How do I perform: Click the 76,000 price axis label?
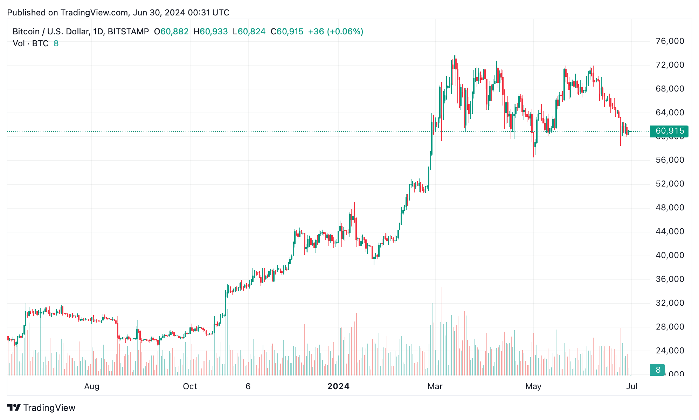pyautogui.click(x=670, y=41)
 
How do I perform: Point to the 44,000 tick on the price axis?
pyautogui.click(x=670, y=231)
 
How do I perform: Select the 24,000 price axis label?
pyautogui.click(x=670, y=351)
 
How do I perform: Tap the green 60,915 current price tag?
pyautogui.click(x=669, y=131)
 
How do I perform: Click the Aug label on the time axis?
pyautogui.click(x=92, y=386)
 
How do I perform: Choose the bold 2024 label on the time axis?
pyautogui.click(x=338, y=386)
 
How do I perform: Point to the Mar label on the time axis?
pyautogui.click(x=435, y=386)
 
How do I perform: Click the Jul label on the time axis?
pyautogui.click(x=631, y=386)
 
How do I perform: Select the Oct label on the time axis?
pyautogui.click(x=190, y=386)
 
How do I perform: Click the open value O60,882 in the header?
pyautogui.click(x=171, y=32)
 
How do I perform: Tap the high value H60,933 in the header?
pyautogui.click(x=211, y=32)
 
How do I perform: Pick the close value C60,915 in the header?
pyautogui.click(x=287, y=32)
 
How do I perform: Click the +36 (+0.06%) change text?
pyautogui.click(x=335, y=32)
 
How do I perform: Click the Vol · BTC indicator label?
pyautogui.click(x=30, y=43)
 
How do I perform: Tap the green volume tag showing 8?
pyautogui.click(x=658, y=370)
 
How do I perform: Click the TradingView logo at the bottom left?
pyautogui.click(x=41, y=408)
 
